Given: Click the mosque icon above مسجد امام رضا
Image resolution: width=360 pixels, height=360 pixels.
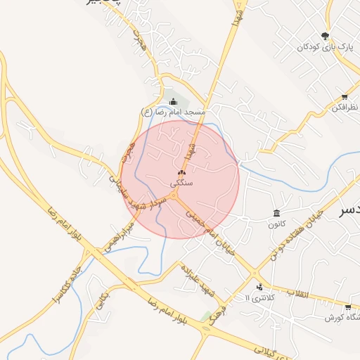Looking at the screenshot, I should pyautogui.click(x=174, y=102).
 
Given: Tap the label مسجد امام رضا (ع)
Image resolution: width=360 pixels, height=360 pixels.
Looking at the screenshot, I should pyautogui.click(x=173, y=112).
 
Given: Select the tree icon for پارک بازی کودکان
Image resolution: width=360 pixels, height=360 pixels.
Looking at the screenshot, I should pyautogui.click(x=325, y=36).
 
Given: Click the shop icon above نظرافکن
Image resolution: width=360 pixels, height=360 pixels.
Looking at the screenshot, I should pyautogui.click(x=345, y=97).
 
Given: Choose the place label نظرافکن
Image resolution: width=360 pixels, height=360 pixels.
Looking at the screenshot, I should pyautogui.click(x=345, y=108).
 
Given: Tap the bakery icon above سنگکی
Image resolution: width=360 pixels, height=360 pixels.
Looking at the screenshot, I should pyautogui.click(x=181, y=172).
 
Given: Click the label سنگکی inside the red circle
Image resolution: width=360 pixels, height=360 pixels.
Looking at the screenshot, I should pyautogui.click(x=181, y=183).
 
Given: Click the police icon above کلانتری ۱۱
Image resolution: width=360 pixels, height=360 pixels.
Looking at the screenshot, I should pyautogui.click(x=260, y=287).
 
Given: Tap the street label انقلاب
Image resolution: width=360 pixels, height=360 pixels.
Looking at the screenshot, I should pyautogui.click(x=299, y=293).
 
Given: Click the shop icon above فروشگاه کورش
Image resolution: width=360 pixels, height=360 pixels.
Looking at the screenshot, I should pyautogui.click(x=348, y=307).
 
